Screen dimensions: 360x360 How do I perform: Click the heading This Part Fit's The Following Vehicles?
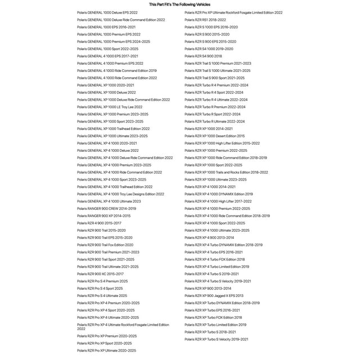(x=180, y=4)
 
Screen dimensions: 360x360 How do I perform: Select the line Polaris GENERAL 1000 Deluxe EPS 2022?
(x=107, y=12)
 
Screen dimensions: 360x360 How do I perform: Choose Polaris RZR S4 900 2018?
(x=203, y=56)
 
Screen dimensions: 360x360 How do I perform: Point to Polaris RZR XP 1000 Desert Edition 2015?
(x=214, y=136)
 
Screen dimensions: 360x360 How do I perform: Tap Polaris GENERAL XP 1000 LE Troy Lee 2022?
(x=110, y=107)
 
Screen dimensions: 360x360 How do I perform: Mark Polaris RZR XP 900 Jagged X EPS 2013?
(x=214, y=296)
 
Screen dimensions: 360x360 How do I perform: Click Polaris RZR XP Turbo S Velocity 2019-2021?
(x=217, y=340)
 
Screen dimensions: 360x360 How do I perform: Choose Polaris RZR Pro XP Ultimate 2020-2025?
(x=106, y=350)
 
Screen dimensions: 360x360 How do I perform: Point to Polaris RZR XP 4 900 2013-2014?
(x=209, y=238)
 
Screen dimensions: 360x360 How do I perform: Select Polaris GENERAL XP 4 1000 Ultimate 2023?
(x=109, y=201)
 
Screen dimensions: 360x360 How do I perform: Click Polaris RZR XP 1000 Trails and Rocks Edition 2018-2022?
(x=226, y=173)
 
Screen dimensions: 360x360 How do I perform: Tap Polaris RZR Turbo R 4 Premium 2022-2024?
(x=217, y=85)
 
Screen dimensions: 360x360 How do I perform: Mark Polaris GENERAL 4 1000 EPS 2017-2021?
(x=107, y=56)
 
